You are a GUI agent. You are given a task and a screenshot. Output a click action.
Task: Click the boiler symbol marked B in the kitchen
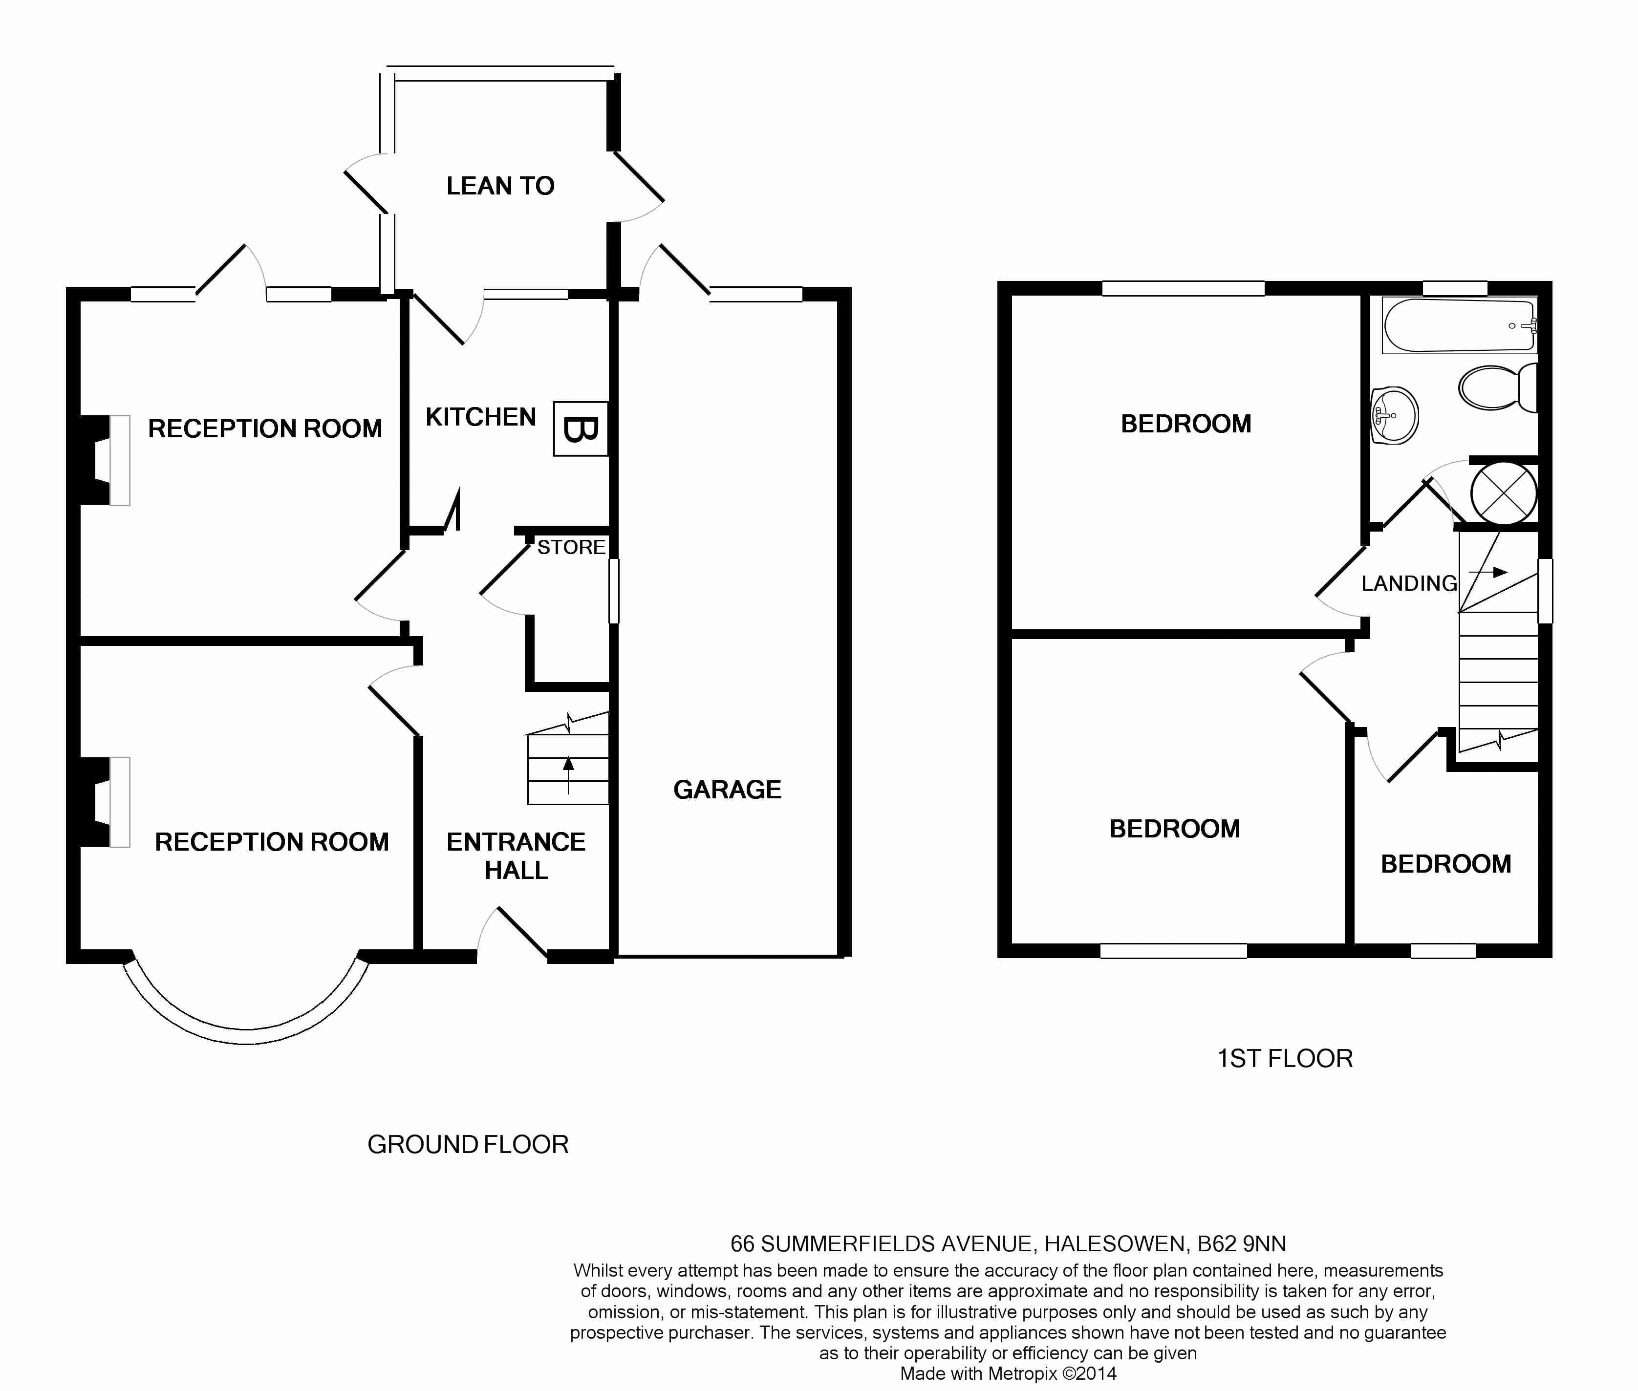(x=581, y=429)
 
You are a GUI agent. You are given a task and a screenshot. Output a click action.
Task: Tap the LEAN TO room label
(x=500, y=186)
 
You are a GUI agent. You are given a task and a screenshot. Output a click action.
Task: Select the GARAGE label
(x=727, y=790)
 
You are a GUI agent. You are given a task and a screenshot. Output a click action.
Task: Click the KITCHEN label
(x=480, y=417)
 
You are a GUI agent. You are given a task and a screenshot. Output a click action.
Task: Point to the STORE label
(x=571, y=547)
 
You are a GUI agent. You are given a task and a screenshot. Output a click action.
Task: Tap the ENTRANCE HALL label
(x=516, y=856)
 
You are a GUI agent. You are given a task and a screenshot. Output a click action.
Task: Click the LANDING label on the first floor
(x=1408, y=583)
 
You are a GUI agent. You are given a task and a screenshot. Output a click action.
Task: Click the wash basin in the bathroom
(x=1394, y=415)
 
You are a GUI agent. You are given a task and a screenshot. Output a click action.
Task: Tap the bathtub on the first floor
(x=1460, y=325)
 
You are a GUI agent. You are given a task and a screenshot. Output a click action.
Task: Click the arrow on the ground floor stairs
(x=568, y=776)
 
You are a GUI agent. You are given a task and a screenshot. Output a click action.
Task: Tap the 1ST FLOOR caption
(x=1285, y=1058)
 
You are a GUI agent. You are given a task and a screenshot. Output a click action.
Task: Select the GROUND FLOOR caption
(x=468, y=1144)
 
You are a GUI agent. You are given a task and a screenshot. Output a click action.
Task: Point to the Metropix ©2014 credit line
(x=1009, y=1373)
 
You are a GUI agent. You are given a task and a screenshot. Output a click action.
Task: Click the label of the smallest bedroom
(x=1445, y=864)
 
